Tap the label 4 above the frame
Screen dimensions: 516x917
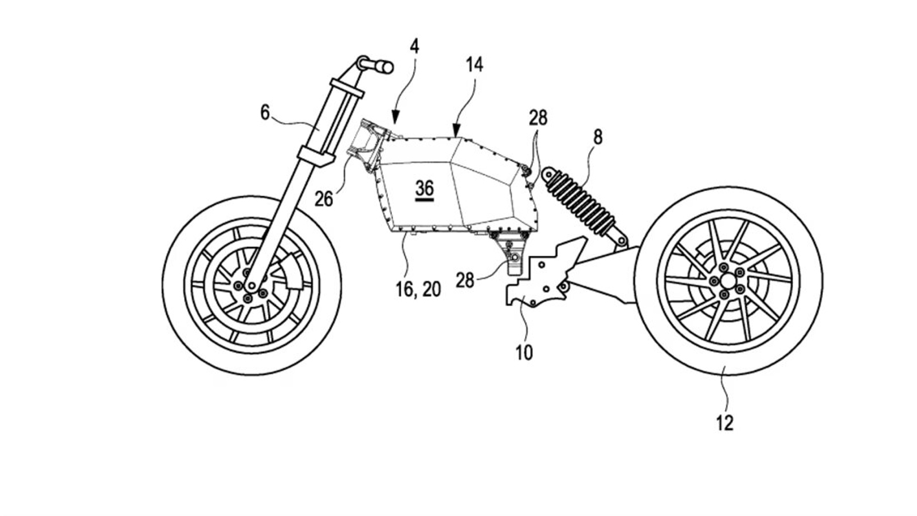(414, 46)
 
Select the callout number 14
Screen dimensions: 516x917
(473, 65)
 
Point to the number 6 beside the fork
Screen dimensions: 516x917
(264, 112)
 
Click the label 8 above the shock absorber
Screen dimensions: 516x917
(598, 137)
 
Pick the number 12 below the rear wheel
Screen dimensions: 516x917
(724, 423)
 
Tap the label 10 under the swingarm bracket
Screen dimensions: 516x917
(524, 352)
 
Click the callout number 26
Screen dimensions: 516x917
(324, 199)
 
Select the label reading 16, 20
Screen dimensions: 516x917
(418, 290)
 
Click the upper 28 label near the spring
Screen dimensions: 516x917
(538, 118)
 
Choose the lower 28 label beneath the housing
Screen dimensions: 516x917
(465, 280)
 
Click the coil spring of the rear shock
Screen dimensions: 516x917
(580, 198)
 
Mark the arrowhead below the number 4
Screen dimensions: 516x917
(395, 119)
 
